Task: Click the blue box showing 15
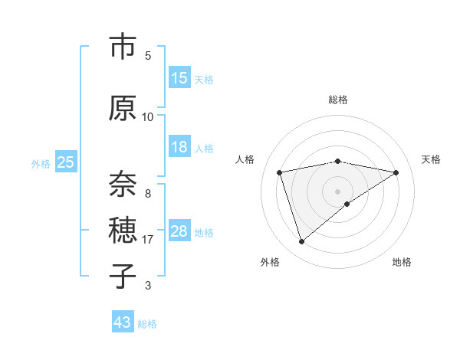pos(179,78)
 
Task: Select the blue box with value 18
pos(179,148)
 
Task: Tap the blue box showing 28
pos(179,231)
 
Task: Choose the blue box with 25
pos(65,162)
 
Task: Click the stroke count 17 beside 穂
pos(148,240)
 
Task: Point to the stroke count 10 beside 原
pos(148,116)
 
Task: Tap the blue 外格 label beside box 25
pos(41,163)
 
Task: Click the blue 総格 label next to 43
pos(147,324)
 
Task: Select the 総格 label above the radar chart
pos(337,100)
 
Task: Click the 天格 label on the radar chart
pos(432,159)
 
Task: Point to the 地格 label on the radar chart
pos(402,262)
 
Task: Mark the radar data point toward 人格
pos(280,172)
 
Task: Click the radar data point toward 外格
pos(301,242)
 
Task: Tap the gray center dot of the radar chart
pos(337,191)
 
